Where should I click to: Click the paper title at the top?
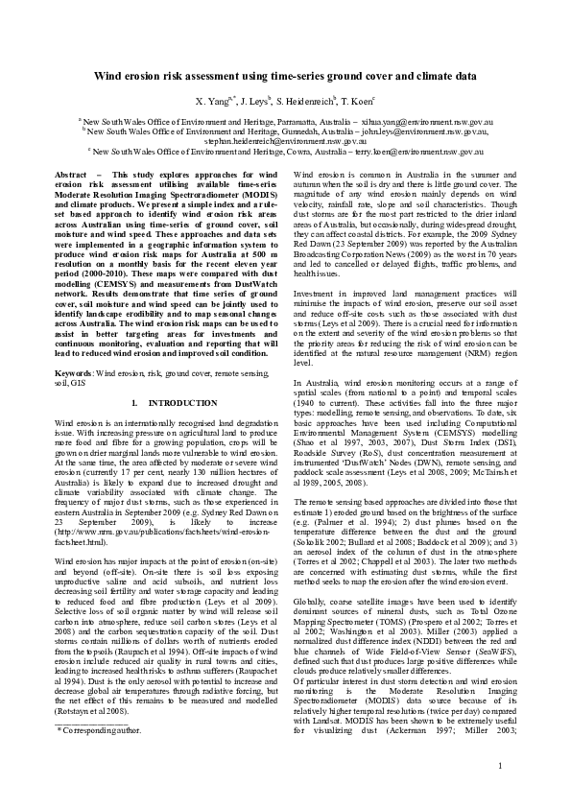tap(285, 74)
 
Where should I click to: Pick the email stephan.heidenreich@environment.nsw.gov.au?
tap(285, 141)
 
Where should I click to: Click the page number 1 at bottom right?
tap(500, 791)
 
